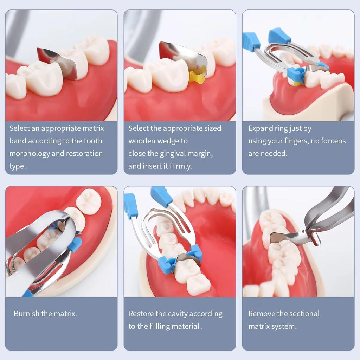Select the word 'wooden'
click(x=141, y=141)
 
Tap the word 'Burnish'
click(x=26, y=314)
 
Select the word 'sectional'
click(x=302, y=314)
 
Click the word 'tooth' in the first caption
click(x=93, y=141)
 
